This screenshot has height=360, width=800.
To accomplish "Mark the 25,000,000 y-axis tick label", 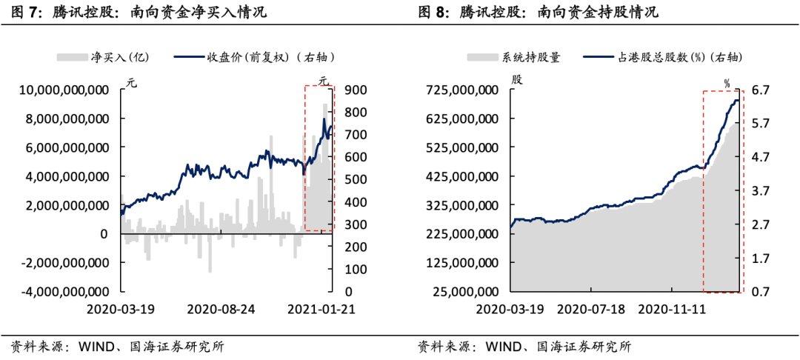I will (464, 292).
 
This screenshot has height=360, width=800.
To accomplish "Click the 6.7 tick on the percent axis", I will (761, 90).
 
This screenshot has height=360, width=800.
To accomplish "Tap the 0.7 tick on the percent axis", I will (761, 292).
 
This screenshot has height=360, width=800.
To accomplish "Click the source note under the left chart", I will (117, 346).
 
